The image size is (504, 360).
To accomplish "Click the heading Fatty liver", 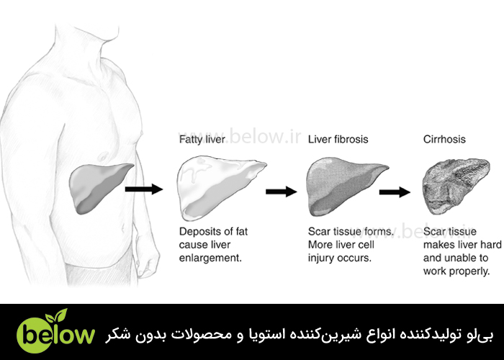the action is (202, 140).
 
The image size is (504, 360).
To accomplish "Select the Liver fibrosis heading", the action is (338, 139).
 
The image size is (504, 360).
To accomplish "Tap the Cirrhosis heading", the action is (444, 139).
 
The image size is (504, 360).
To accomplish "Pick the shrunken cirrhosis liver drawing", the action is (456, 186).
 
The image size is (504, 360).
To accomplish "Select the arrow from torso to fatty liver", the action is (144, 189).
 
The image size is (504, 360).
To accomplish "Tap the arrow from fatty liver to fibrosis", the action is (282, 192).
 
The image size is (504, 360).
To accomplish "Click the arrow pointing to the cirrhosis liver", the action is (395, 192).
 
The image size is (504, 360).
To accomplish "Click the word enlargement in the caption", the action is (210, 258).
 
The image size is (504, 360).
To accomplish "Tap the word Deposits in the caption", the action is (199, 232).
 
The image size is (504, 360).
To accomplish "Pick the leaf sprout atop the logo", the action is (57, 315).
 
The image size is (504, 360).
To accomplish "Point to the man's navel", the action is (122, 229).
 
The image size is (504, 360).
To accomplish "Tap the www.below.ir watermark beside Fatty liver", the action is (240, 136).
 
